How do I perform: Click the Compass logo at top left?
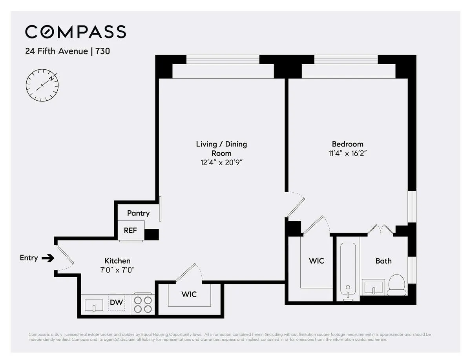point(75,32)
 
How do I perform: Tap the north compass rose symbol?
point(42,85)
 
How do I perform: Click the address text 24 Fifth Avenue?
point(56,51)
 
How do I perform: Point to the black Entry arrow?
point(49,258)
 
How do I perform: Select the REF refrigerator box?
point(131,230)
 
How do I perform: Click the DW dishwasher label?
point(116,302)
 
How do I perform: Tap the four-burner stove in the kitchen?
point(143,304)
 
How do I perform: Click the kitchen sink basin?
point(94,305)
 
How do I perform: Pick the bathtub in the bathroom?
point(348,270)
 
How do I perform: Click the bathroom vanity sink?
point(373,287)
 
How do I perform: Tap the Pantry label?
point(138,213)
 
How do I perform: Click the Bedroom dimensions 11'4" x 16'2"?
point(347,153)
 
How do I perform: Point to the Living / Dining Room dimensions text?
point(221,162)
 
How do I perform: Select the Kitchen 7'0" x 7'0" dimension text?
point(117,270)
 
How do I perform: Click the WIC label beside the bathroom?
point(316,261)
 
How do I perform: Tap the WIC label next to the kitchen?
point(189,294)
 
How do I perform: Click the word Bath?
point(383,261)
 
